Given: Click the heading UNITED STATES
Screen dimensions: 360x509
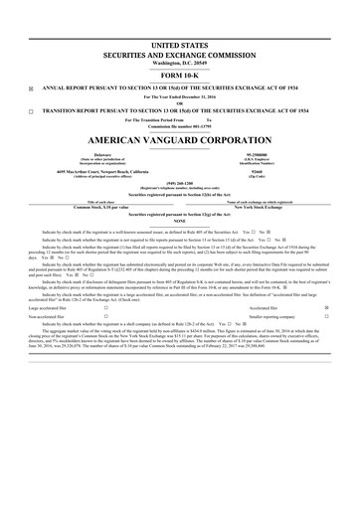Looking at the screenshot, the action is (180, 46).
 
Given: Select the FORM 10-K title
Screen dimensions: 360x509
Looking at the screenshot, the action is (180, 78).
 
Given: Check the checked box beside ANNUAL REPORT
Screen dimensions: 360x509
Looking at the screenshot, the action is (30, 88).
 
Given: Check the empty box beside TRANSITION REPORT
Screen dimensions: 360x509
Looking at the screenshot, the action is (30, 111).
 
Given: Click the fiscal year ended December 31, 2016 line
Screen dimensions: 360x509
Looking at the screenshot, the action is (180, 96).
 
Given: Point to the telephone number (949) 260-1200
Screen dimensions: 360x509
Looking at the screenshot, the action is (180, 183).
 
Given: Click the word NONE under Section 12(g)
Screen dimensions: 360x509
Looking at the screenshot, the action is (180, 221).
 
